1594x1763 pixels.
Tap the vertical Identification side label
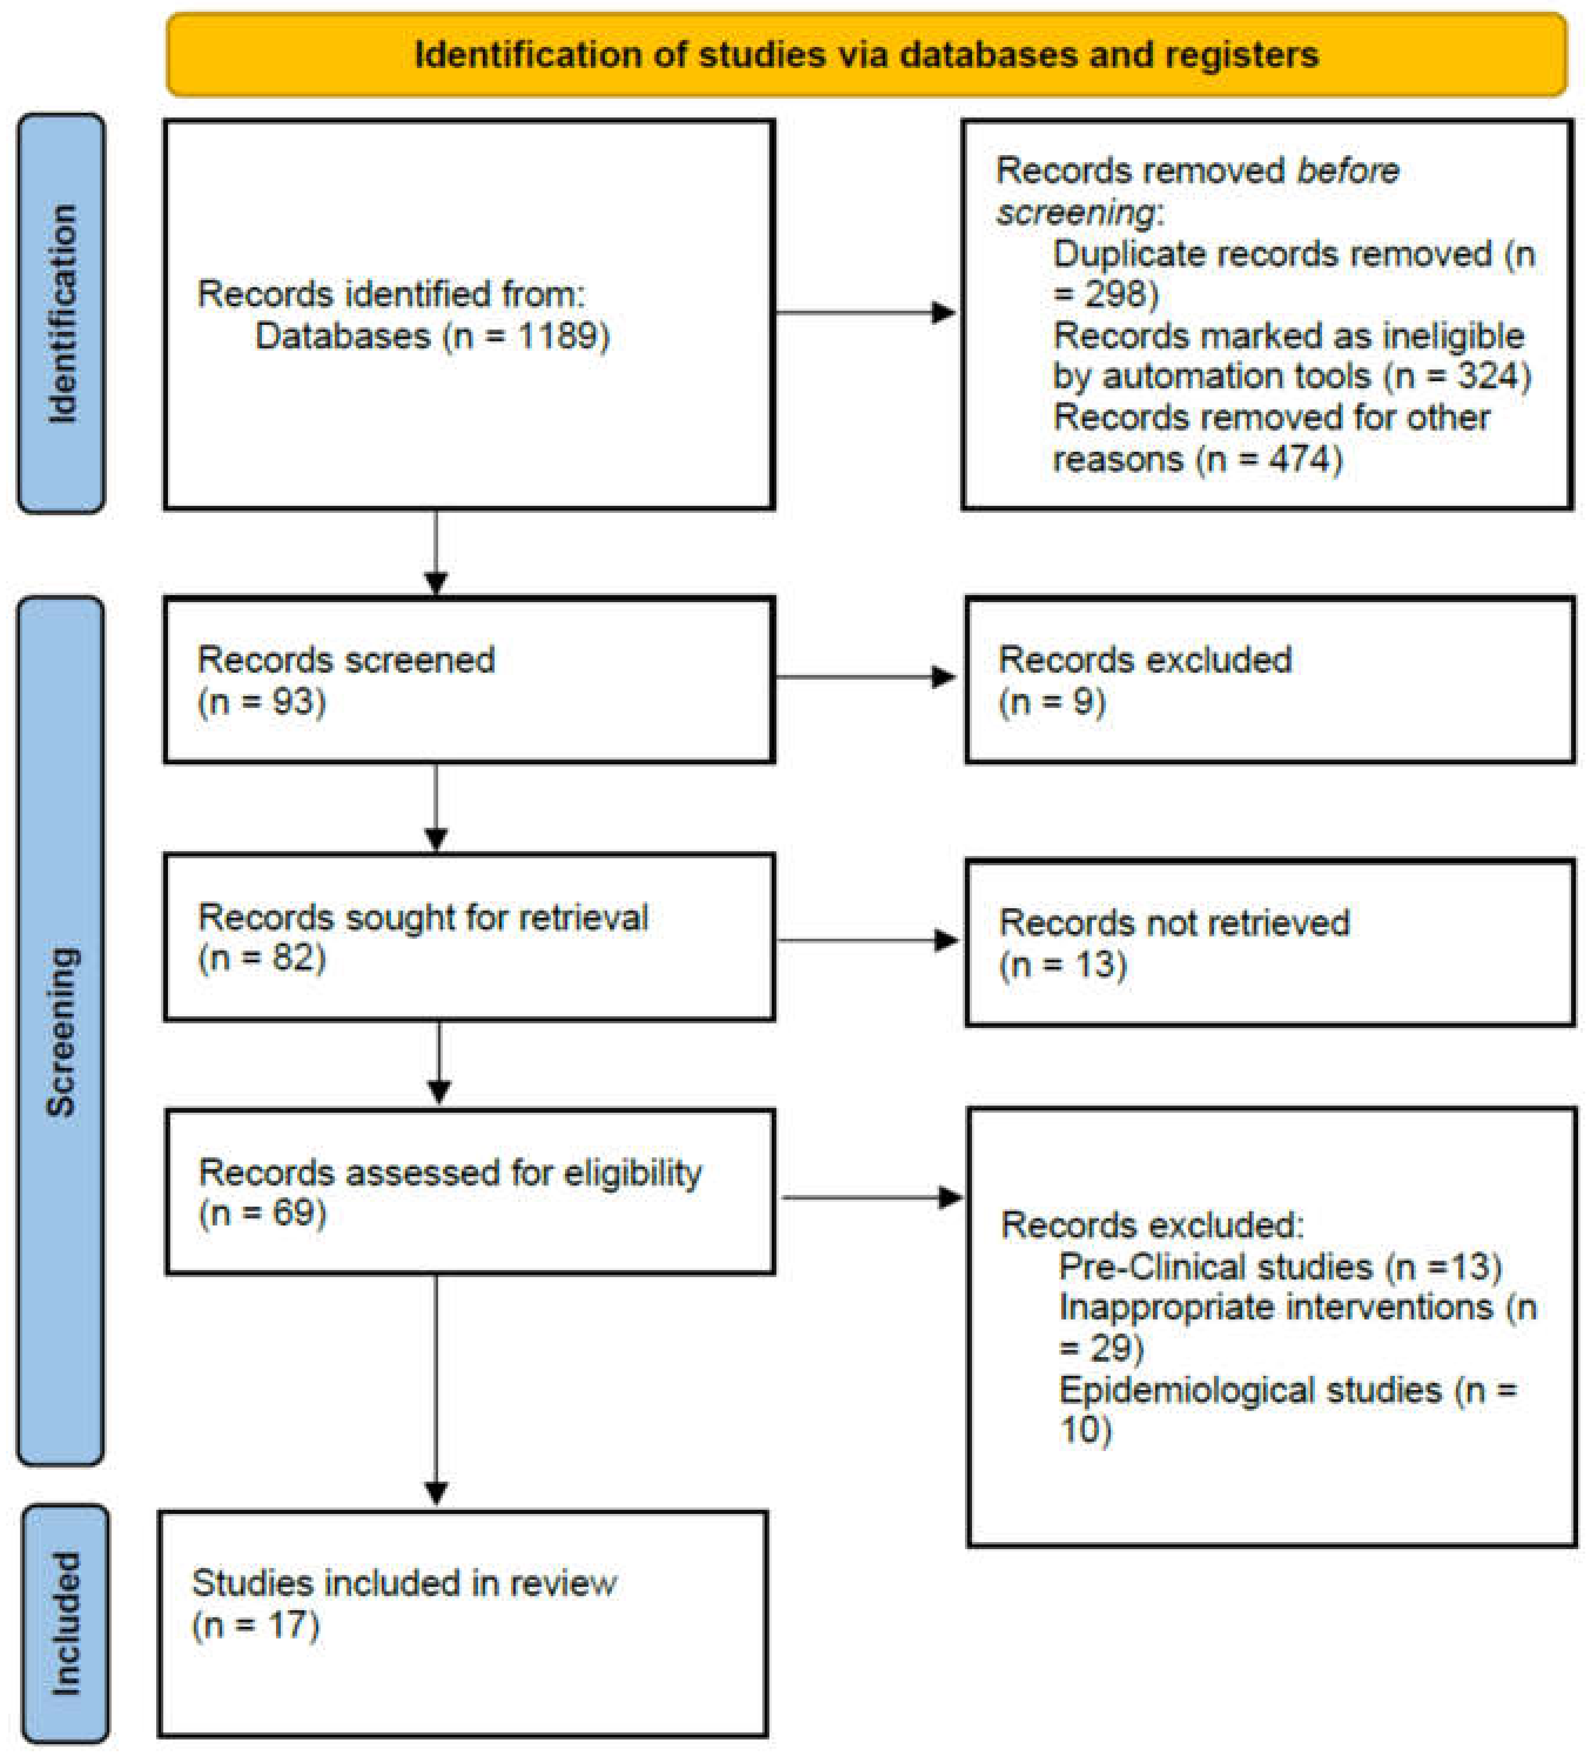(61, 313)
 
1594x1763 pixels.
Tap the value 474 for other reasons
(1301, 458)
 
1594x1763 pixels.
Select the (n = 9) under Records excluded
(1052, 701)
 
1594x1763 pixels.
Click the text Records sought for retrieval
(423, 918)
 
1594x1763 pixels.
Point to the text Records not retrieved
(1173, 922)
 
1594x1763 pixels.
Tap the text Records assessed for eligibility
(449, 1172)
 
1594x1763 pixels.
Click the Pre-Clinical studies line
(1279, 1266)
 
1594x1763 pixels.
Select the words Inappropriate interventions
(1276, 1307)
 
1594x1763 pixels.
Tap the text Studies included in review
(404, 1583)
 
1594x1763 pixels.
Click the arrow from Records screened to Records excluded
(866, 677)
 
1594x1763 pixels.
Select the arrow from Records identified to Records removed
(866, 312)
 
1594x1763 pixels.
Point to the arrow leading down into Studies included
(436, 1399)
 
